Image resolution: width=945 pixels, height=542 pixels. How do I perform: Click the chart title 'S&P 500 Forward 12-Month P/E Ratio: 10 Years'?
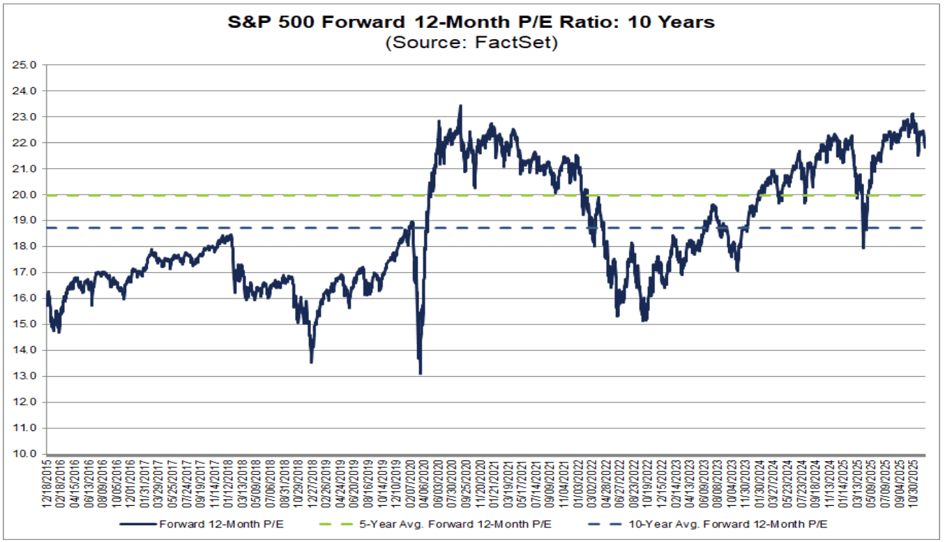(x=472, y=22)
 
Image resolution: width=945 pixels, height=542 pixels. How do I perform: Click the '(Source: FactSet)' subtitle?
(x=472, y=42)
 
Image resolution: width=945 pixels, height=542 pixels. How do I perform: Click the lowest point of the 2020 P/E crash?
(x=420, y=374)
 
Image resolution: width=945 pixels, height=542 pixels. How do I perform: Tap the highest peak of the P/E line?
(x=460, y=105)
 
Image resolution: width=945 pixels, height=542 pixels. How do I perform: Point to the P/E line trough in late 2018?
(x=311, y=362)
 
